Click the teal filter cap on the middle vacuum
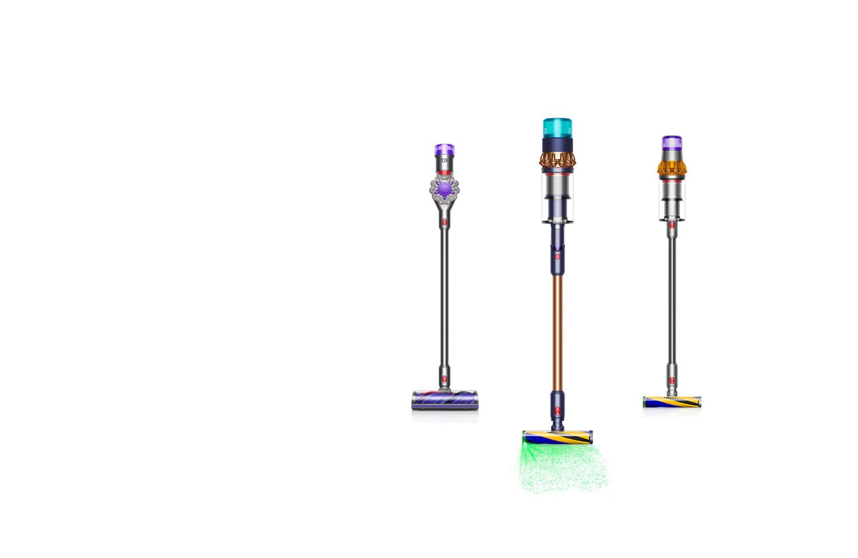click(x=558, y=127)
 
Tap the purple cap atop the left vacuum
click(x=444, y=150)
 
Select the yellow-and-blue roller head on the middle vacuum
click(x=558, y=437)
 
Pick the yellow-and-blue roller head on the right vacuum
click(x=672, y=402)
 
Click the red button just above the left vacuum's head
click(x=444, y=379)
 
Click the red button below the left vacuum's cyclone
click(x=444, y=222)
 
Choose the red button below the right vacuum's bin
click(x=672, y=225)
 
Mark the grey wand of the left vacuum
click(x=444, y=297)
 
